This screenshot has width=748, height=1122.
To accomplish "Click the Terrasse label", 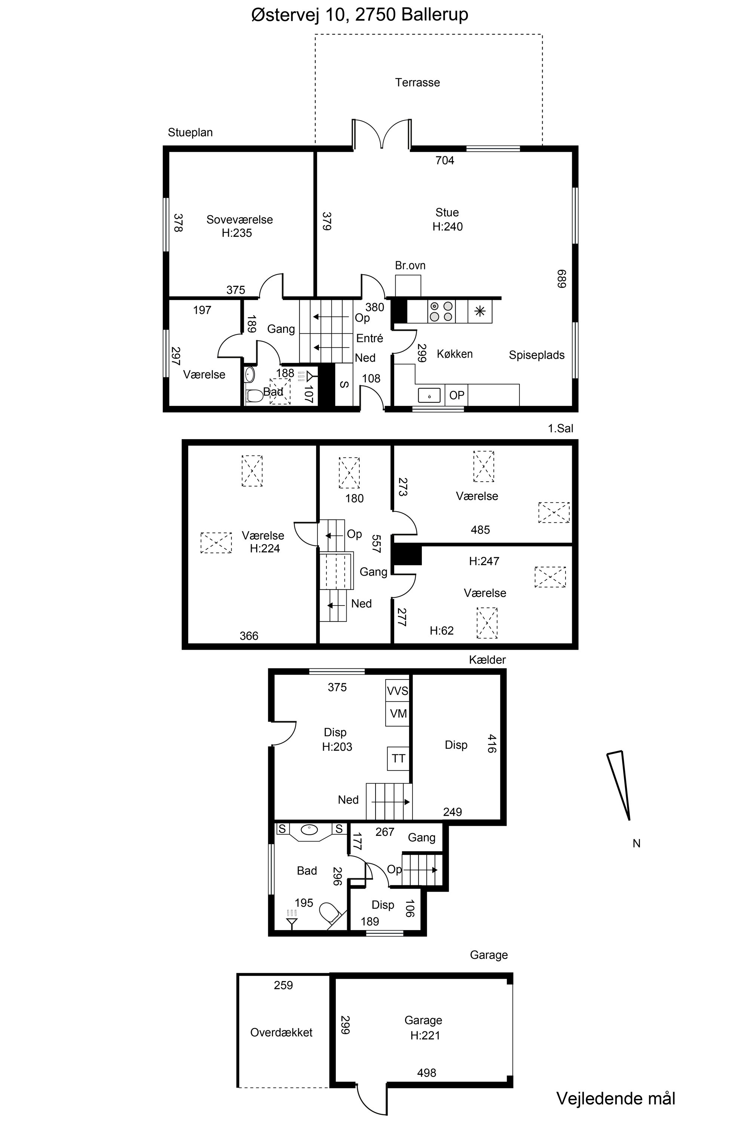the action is tap(417, 83).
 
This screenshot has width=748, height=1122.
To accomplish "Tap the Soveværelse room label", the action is tap(239, 220).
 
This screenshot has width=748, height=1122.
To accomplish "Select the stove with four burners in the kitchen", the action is tap(441, 312).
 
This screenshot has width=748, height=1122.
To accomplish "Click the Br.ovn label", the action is tap(410, 265).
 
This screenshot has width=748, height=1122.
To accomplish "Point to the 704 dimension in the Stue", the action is tap(445, 160).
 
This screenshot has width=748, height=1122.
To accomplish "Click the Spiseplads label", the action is tap(537, 355).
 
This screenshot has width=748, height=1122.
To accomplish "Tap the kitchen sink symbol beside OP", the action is tap(429, 395).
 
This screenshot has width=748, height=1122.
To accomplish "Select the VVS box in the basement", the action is tap(397, 691).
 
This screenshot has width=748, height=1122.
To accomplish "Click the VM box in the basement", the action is tap(397, 714).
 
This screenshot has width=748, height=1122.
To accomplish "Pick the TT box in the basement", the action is tap(398, 758).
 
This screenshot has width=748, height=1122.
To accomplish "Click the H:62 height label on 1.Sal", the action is tap(442, 631).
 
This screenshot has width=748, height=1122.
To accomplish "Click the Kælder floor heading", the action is tap(487, 660).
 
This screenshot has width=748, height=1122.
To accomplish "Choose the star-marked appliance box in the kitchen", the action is tap(480, 312).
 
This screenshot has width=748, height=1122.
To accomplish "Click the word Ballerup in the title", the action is tap(435, 15).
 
